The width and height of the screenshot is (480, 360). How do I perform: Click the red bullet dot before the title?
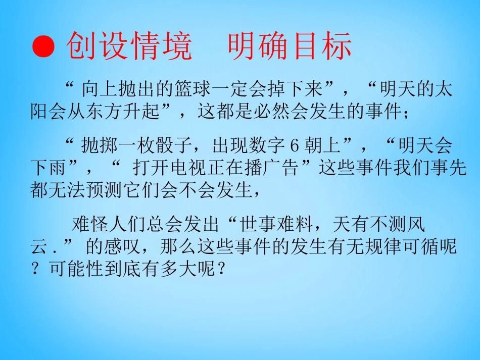point(43,47)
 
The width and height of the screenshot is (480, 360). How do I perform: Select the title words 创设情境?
point(129,47)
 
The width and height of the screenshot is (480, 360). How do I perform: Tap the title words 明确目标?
point(290,47)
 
